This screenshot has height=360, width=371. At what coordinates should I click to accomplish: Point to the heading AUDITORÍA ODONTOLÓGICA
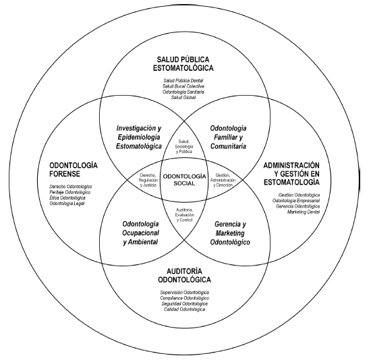pos(185,274)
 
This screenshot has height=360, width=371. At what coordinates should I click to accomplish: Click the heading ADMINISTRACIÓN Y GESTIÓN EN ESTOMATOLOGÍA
pos(300,175)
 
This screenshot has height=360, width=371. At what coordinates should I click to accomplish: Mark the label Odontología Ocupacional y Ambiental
pos(141,233)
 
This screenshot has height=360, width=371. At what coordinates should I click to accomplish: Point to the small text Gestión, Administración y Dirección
pos(225,179)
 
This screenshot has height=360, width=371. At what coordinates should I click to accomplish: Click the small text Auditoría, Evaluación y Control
pos(184,216)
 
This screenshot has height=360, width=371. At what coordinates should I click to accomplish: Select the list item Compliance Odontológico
pos(185,298)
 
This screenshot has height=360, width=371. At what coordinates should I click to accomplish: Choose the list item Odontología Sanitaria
pos(184,92)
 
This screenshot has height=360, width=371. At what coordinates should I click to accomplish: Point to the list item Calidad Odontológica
pos(185,310)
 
